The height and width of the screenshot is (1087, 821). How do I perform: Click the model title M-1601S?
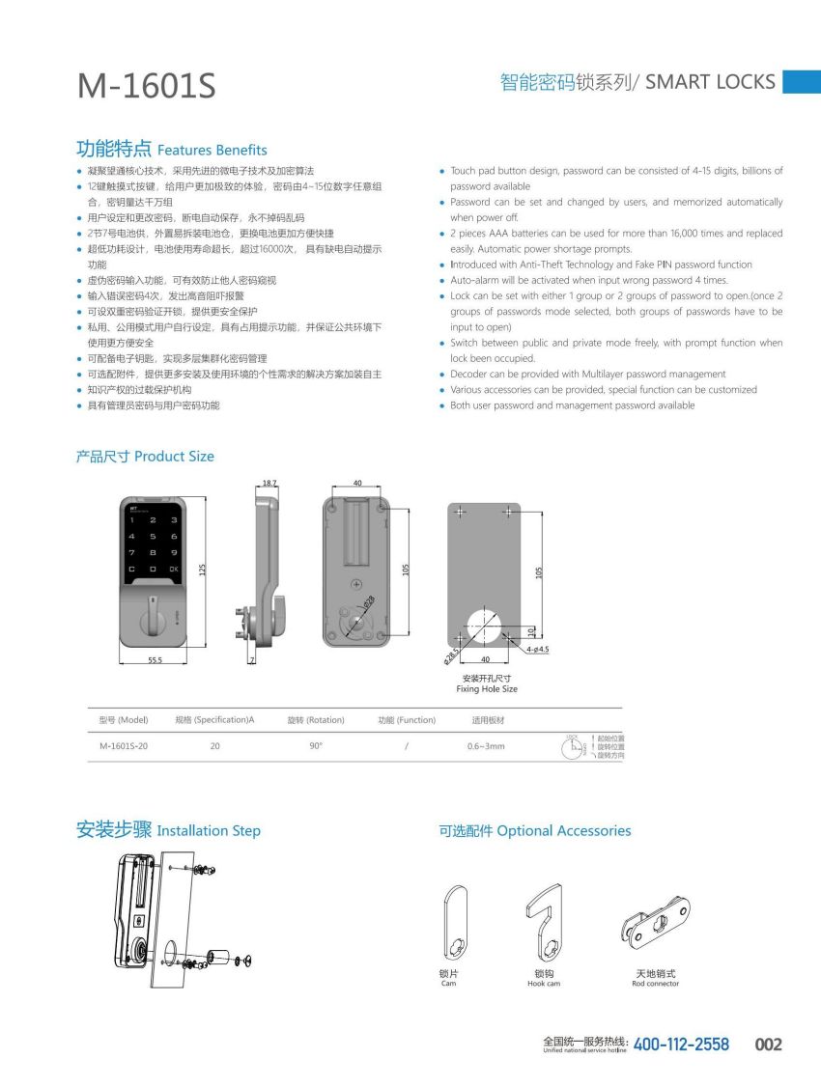pos(147,87)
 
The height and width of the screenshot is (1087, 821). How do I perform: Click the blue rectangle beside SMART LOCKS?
pos(801,82)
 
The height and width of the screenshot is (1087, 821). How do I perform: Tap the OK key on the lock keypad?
pos(173,570)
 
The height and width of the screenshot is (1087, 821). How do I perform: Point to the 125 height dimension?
pos(203,570)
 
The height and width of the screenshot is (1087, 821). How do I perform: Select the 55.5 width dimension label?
pos(155,660)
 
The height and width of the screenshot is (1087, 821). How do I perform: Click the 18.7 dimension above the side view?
pos(269,482)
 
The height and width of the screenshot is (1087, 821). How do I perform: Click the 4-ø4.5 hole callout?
pos(538,650)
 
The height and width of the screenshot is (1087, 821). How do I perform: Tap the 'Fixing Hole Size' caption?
pos(487,689)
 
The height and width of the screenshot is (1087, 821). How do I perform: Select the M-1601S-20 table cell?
pos(124,746)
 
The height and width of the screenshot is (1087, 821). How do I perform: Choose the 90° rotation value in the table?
pos(316,746)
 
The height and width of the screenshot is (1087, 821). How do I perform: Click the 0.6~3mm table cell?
pos(486,746)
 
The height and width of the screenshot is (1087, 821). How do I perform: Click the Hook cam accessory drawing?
pos(543,926)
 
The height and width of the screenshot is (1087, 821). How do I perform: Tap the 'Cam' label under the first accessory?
pos(448,984)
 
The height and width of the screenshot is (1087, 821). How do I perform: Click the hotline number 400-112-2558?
pos(681,1045)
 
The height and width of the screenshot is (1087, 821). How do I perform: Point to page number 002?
pos(768,1045)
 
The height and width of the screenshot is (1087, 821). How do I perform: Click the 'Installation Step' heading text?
pos(209,830)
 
